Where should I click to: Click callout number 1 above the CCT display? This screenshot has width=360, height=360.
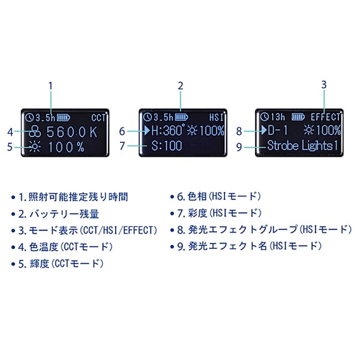click(x=51, y=85)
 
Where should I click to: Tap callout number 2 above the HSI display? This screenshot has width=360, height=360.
click(x=180, y=85)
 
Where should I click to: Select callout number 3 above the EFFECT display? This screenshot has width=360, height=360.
click(x=324, y=85)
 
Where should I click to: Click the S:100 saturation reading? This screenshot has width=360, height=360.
click(x=167, y=145)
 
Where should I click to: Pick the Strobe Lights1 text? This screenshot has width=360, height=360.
click(x=304, y=145)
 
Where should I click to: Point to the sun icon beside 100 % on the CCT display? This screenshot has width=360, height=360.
click(x=35, y=146)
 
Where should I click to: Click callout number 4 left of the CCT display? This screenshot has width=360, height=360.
click(x=10, y=131)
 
